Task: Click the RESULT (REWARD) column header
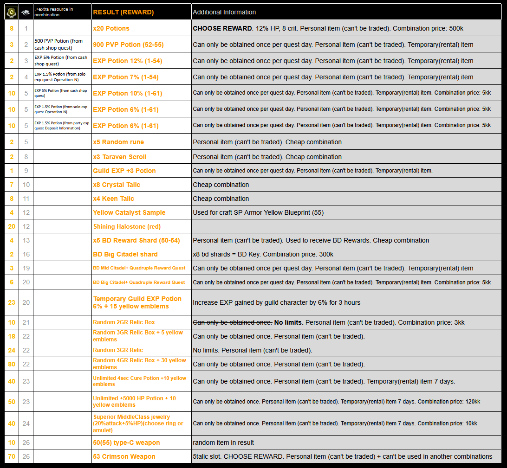(x=123, y=12)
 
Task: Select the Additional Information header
(x=224, y=12)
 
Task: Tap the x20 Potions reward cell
(x=111, y=28)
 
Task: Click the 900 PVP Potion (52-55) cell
(x=128, y=45)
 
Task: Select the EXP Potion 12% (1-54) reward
(x=125, y=61)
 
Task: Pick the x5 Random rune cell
(x=118, y=142)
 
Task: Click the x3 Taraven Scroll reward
(x=120, y=157)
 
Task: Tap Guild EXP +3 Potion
(x=124, y=171)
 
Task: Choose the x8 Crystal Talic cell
(x=117, y=185)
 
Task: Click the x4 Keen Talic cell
(x=113, y=199)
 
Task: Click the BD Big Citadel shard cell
(x=125, y=254)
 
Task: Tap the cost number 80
(x=12, y=364)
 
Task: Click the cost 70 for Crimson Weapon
(x=12, y=456)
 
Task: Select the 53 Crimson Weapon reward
(x=124, y=456)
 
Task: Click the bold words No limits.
(x=289, y=322)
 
